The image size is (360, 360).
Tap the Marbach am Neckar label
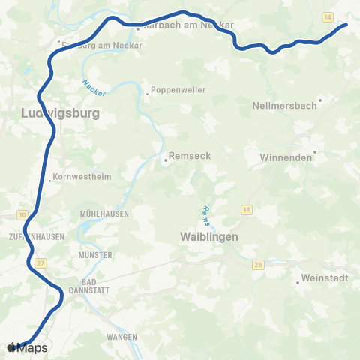[187, 25]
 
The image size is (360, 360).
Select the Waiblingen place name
[209, 237]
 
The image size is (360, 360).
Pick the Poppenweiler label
[178, 90]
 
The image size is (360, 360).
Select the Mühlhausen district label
[104, 214]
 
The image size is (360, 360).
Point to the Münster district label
[94, 255]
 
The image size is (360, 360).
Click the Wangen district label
[121, 337]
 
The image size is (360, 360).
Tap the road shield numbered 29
[258, 265]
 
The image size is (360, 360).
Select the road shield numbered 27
[41, 262]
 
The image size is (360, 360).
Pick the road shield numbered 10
[22, 215]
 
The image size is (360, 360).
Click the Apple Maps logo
[27, 347]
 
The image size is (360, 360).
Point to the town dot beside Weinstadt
[298, 282]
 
